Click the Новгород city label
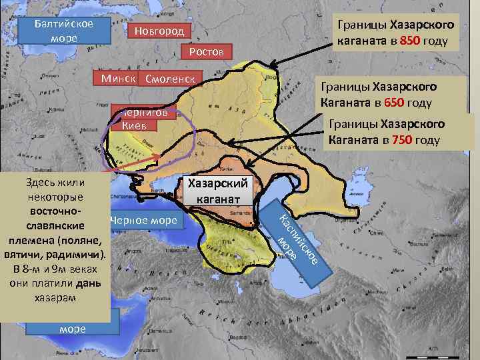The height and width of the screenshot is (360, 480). (x=159, y=32)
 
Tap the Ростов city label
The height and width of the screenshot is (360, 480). (x=206, y=52)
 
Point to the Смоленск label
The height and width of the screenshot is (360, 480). (x=169, y=79)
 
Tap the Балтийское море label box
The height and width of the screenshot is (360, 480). (x=64, y=31)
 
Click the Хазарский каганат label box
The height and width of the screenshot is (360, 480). (x=217, y=191)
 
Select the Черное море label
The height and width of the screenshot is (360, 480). (x=143, y=221)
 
